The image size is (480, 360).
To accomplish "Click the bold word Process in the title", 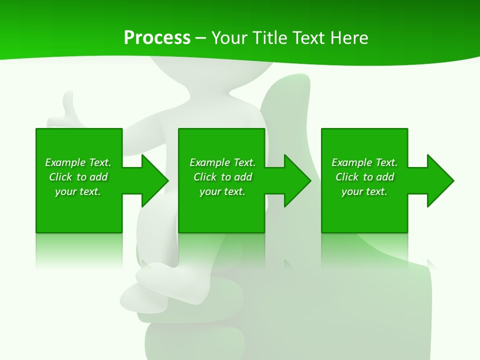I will (157, 38).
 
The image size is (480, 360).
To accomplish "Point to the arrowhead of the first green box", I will (155, 180).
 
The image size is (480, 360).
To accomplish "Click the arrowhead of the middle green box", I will (297, 180).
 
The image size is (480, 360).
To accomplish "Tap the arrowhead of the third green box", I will (440, 180).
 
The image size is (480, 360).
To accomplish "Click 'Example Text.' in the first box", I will (78, 162).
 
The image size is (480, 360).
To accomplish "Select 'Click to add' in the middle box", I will (222, 177).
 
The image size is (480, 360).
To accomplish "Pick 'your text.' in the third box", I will (364, 191).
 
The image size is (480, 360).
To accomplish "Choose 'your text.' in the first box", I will (78, 191).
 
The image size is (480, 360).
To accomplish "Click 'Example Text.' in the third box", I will (364, 162).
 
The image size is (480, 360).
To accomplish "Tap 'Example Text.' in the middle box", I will (222, 162).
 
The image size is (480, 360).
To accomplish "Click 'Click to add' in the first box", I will (78, 177).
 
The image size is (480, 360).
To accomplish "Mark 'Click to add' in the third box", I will (364, 177).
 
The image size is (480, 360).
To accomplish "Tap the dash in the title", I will (201, 38).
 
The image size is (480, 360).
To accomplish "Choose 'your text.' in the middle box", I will (222, 191).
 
